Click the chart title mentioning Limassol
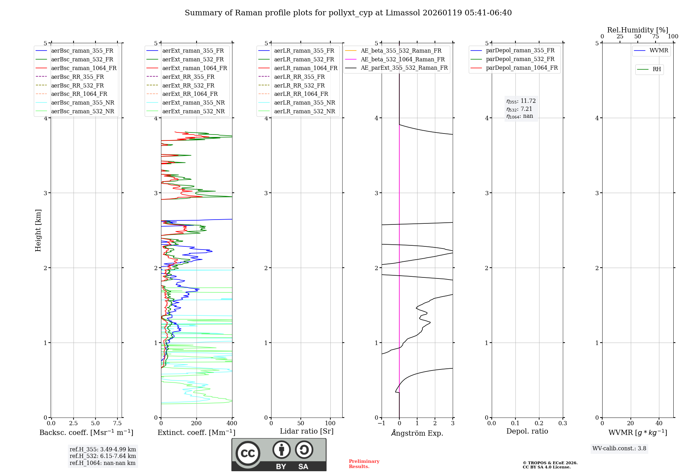pos(348,13)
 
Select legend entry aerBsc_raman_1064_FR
pos(84,68)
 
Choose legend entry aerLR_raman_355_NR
pos(304,102)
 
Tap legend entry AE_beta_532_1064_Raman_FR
pos(403,59)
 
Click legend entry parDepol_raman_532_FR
pos(520,59)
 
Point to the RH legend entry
pos(657,69)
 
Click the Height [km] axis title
pos(38,230)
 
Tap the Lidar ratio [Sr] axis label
pos(306,431)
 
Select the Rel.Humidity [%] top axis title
pos(637,30)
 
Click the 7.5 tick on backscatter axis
pos(117,423)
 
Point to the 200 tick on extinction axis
pos(197,423)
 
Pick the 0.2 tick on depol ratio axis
pos(539,423)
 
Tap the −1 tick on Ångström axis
pos(382,423)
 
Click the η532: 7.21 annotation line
pos(519,109)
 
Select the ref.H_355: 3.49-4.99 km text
pos(103,449)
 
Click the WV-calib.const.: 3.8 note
pos(619,449)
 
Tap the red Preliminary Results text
pos(364,464)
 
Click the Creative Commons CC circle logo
pos(248,453)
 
